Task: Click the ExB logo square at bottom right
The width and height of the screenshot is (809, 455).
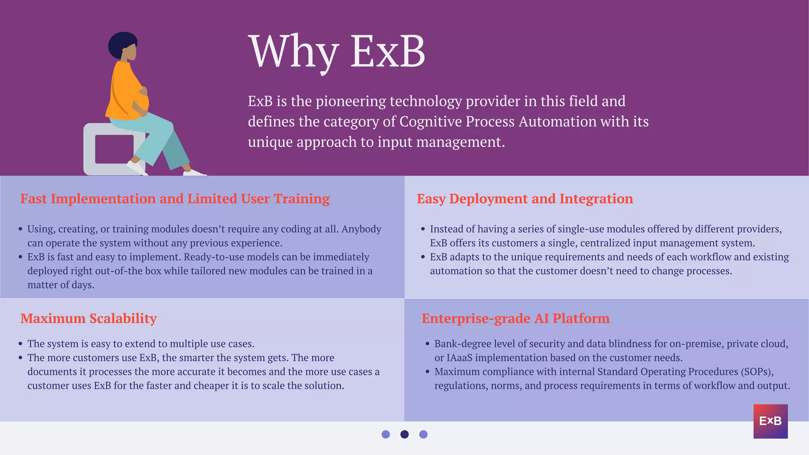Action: [x=770, y=421]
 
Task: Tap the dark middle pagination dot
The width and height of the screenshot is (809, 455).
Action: [x=404, y=434]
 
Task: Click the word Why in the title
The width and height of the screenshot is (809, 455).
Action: [x=293, y=52]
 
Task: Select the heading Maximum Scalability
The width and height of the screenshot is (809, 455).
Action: [x=88, y=318]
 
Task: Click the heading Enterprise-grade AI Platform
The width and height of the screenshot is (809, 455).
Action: [x=516, y=318]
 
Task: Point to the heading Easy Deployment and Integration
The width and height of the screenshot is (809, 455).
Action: [x=525, y=199]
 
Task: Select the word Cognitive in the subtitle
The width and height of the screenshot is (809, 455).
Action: [x=430, y=122]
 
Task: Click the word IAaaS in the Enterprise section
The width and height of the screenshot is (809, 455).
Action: [x=459, y=358]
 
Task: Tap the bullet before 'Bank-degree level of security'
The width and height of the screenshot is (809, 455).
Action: [x=427, y=344]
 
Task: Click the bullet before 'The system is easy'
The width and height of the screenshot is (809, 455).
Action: [x=21, y=344]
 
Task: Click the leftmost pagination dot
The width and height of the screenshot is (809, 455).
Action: [x=386, y=434]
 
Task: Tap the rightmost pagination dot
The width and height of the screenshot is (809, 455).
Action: [x=423, y=434]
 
